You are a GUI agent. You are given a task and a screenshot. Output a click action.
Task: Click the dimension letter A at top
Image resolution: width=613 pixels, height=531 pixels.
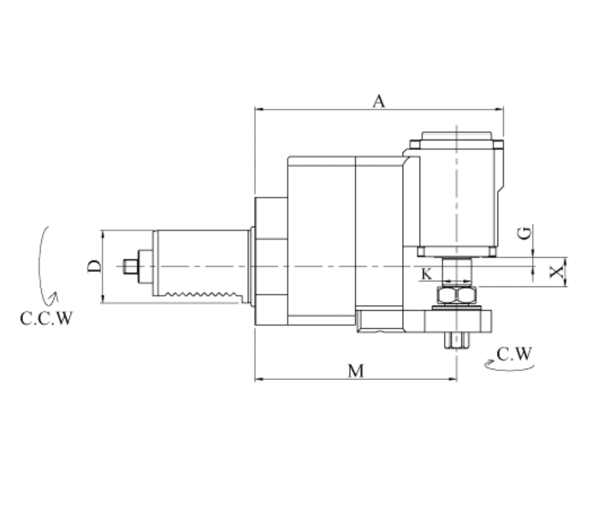coord(378,101)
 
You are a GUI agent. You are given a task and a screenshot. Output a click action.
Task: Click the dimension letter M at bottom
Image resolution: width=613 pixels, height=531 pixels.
coord(356,371)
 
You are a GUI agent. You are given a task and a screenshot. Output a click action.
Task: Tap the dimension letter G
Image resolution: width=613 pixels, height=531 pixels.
coord(526,233)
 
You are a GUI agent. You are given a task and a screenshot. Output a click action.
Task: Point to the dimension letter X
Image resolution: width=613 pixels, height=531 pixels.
coord(557,271)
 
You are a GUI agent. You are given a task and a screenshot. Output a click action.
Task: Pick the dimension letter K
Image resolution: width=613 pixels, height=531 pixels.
coord(426,274)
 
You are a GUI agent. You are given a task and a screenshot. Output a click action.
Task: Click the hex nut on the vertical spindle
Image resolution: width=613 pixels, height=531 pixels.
coord(458,296)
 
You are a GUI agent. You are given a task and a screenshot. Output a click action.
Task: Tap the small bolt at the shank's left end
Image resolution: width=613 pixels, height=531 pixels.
coord(130,266)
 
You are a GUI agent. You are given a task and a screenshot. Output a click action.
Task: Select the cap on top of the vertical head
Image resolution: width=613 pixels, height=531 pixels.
coord(456,136)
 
